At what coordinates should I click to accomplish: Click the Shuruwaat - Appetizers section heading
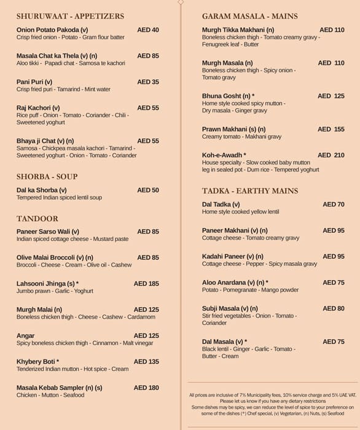coord(70,17)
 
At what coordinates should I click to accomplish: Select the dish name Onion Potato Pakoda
coord(52,29)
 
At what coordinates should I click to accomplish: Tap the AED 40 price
coord(148,29)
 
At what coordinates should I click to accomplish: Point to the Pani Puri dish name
coord(34,82)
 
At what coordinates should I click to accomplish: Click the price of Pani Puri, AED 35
coord(148,82)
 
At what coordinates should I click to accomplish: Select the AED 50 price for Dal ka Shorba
coord(148,190)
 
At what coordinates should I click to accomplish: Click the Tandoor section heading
coord(37,219)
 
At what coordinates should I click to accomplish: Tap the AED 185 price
coord(146,284)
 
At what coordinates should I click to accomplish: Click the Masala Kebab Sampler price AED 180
coord(146,388)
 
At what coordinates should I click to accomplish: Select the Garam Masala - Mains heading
coord(249,17)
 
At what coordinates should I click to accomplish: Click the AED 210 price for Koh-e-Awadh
coord(331,155)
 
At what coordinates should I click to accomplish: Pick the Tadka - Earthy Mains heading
coord(250,191)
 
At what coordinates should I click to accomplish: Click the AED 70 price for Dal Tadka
coord(334,205)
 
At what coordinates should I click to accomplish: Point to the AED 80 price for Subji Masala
coord(334,308)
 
